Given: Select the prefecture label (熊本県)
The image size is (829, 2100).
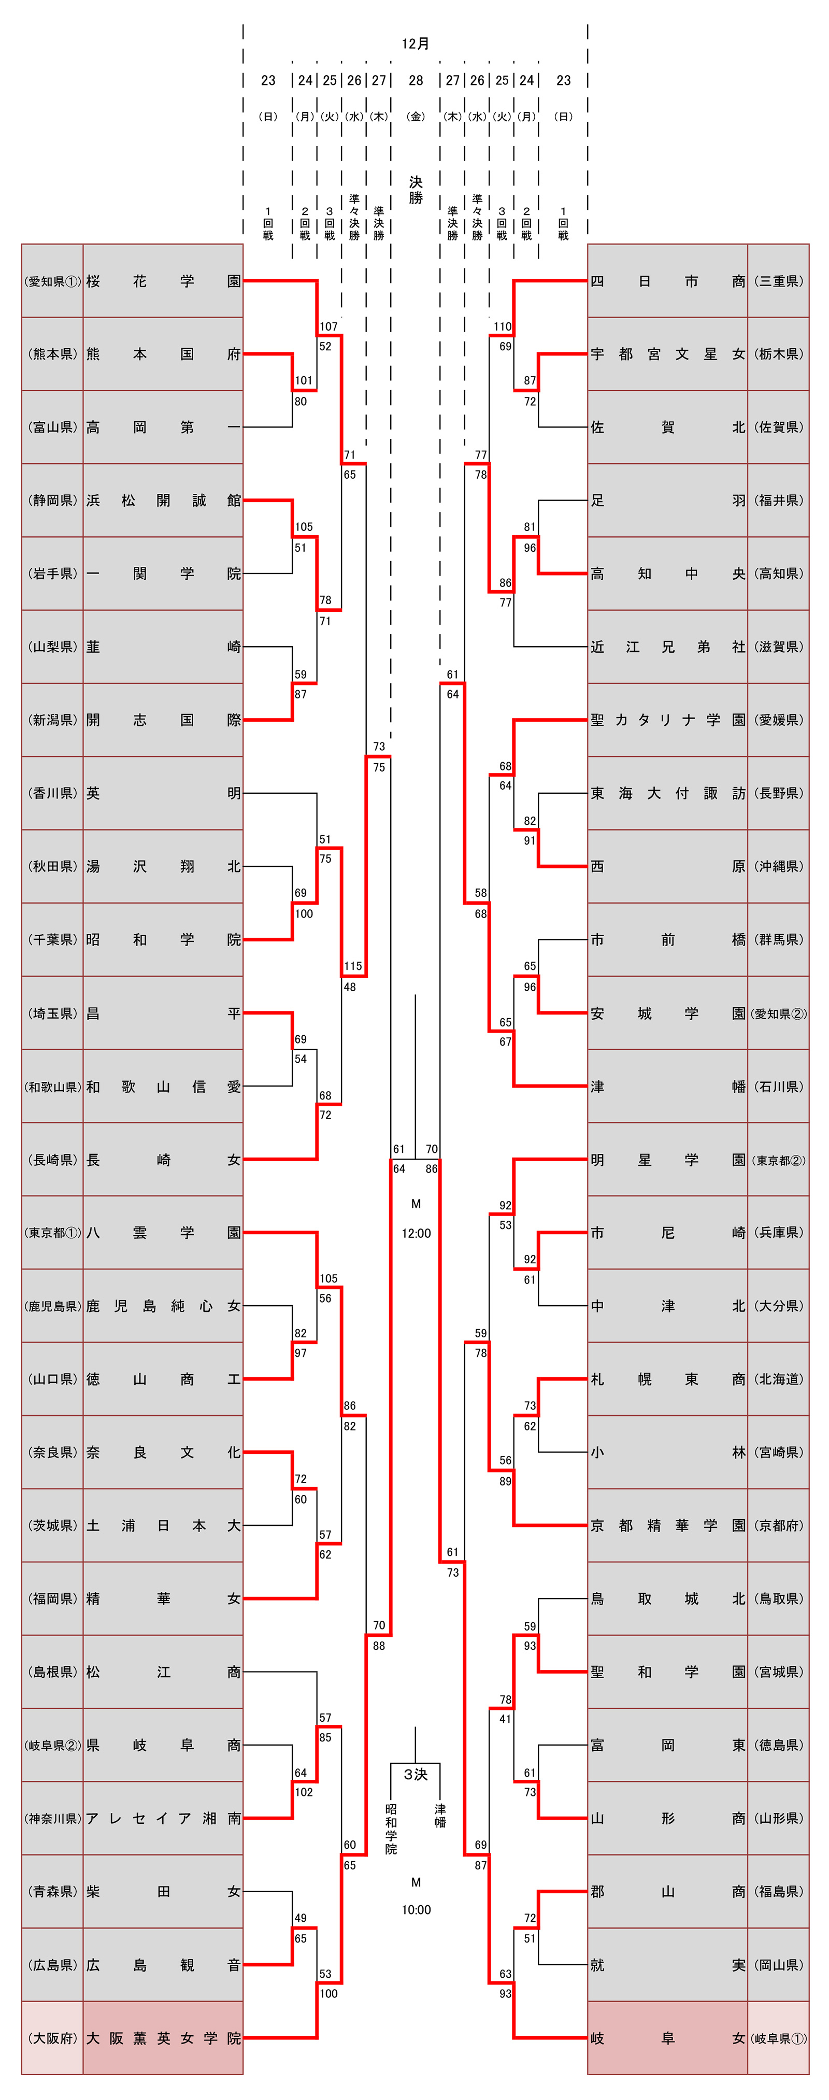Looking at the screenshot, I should click(52, 354).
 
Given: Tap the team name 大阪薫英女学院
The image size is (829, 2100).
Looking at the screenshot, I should click(163, 2038).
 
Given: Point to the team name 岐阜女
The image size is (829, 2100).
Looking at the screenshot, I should click(667, 2038).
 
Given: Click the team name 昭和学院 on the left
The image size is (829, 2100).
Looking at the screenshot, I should click(163, 940).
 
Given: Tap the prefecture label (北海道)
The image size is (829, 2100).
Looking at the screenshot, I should click(778, 1379).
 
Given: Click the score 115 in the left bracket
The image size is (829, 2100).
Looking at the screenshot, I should click(353, 966).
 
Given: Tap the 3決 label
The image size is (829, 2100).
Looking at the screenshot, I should click(416, 1774).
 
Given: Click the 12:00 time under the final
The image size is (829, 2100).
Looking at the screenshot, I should click(416, 1234).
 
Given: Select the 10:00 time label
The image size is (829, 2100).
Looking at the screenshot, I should click(416, 1910).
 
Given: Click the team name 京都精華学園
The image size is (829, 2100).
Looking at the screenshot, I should click(667, 1525).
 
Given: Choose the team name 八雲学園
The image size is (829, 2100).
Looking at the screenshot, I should click(163, 1233).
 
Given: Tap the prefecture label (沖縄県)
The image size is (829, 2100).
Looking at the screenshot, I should click(778, 866).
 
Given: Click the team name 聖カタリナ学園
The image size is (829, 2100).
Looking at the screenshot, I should click(667, 720).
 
